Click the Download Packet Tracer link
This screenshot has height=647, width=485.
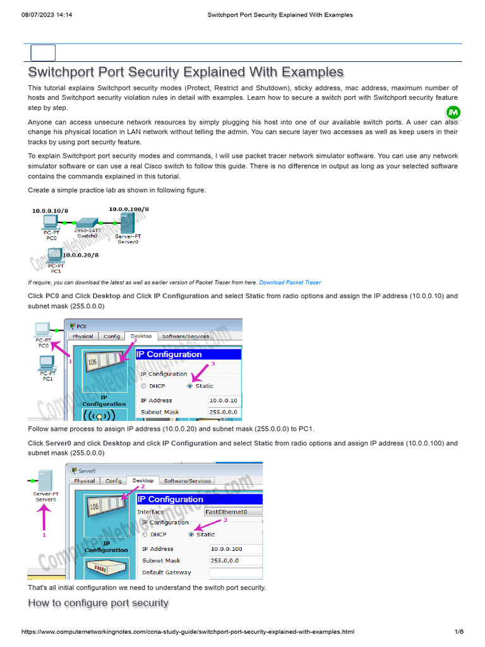pyautogui.click(x=290, y=282)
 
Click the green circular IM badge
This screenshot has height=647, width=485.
pyautogui.click(x=453, y=113)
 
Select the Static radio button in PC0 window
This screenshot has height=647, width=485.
pyautogui.click(x=190, y=385)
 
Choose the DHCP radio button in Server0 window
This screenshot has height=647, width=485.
pyautogui.click(x=145, y=534)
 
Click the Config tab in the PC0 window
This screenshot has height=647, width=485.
pyautogui.click(x=112, y=336)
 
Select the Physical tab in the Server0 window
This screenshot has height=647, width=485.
pyautogui.click(x=85, y=480)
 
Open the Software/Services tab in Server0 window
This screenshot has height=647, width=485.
pyautogui.click(x=188, y=480)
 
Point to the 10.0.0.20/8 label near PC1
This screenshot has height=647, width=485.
pyautogui.click(x=80, y=255)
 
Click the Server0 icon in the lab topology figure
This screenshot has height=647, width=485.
pyautogui.click(x=127, y=222)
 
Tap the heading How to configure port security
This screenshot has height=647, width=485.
pyautogui.click(x=98, y=603)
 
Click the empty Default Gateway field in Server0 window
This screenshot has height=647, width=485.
pyautogui.click(x=235, y=572)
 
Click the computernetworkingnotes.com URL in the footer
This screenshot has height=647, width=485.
pyautogui.click(x=188, y=632)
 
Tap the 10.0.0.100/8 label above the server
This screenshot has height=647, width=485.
pyautogui.click(x=129, y=209)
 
